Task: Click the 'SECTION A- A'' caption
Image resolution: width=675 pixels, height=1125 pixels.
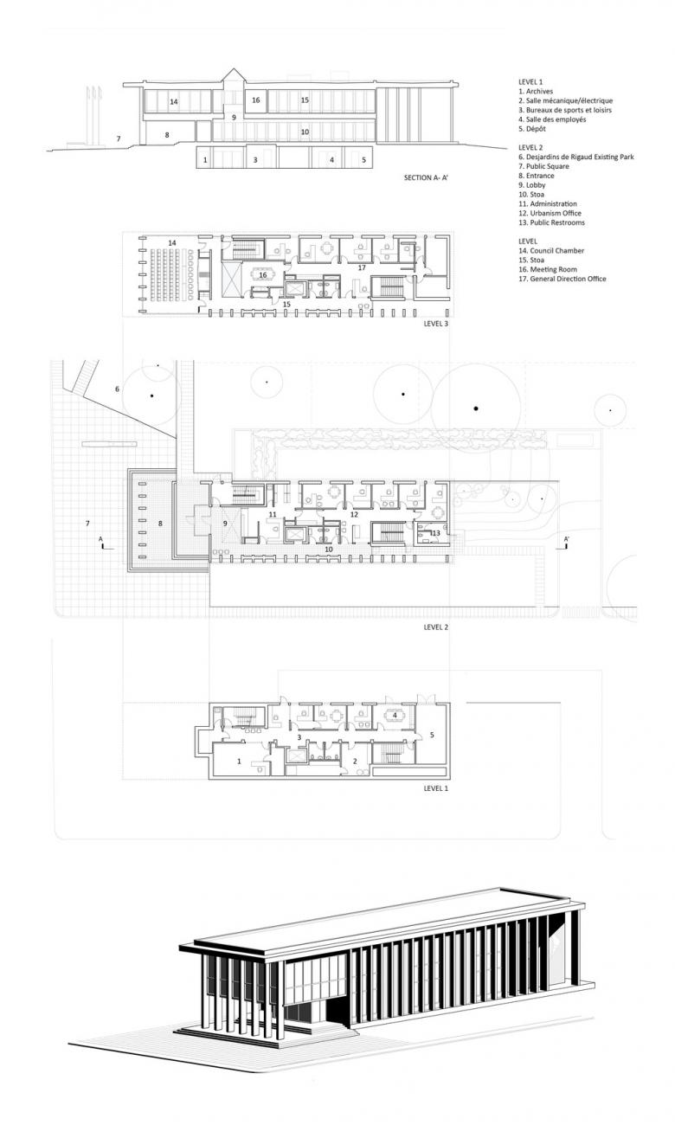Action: click(425, 177)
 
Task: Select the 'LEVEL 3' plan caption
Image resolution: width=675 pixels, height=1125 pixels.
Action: click(436, 324)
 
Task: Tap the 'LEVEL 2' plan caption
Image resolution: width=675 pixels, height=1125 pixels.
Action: click(436, 627)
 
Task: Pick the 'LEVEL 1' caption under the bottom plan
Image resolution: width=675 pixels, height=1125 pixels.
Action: click(436, 788)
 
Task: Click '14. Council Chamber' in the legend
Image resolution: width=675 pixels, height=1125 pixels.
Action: click(551, 251)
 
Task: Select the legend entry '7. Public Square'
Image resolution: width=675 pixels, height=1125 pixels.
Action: click(544, 166)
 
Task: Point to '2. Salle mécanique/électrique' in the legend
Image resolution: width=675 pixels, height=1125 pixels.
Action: click(565, 101)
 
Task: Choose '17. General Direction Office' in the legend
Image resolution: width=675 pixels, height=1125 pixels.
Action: click(562, 279)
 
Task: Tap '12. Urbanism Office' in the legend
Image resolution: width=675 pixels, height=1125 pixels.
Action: click(550, 213)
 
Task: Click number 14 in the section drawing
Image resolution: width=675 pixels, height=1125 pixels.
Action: click(174, 102)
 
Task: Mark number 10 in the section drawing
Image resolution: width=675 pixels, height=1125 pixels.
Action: click(305, 132)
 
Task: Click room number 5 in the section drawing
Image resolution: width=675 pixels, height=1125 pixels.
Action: click(364, 160)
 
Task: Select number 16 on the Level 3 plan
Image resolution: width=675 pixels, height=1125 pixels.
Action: click(263, 275)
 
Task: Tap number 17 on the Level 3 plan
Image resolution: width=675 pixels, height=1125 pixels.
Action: click(362, 267)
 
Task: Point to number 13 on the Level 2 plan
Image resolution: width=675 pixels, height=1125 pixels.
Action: click(435, 533)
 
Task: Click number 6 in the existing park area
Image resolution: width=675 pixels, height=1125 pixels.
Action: click(118, 389)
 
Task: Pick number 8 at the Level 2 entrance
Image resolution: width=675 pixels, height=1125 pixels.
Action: click(160, 524)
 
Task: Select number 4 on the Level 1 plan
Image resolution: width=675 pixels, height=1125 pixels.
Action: click(395, 715)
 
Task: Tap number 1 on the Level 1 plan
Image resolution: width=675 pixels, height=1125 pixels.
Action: click(239, 762)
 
